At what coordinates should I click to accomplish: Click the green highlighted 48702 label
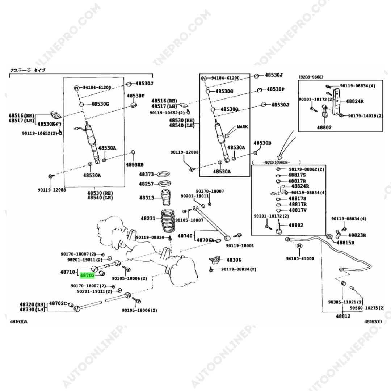[87, 276]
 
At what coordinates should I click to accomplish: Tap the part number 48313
[147, 198]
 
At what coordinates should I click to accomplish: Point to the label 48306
[234, 260]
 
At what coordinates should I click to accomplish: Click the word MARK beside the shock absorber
[243, 127]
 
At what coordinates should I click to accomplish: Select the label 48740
[185, 236]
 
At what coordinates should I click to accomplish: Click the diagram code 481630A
[18, 321]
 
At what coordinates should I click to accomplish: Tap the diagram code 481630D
[373, 321]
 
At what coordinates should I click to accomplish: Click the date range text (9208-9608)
[311, 77]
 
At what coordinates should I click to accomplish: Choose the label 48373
[147, 174]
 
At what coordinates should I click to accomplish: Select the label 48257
[147, 184]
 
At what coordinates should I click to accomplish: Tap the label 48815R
[346, 243]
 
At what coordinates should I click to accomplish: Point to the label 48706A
[205, 240]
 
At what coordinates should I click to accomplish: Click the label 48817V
[298, 210]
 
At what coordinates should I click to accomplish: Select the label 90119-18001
[240, 245]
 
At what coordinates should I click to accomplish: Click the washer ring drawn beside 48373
[165, 174]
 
